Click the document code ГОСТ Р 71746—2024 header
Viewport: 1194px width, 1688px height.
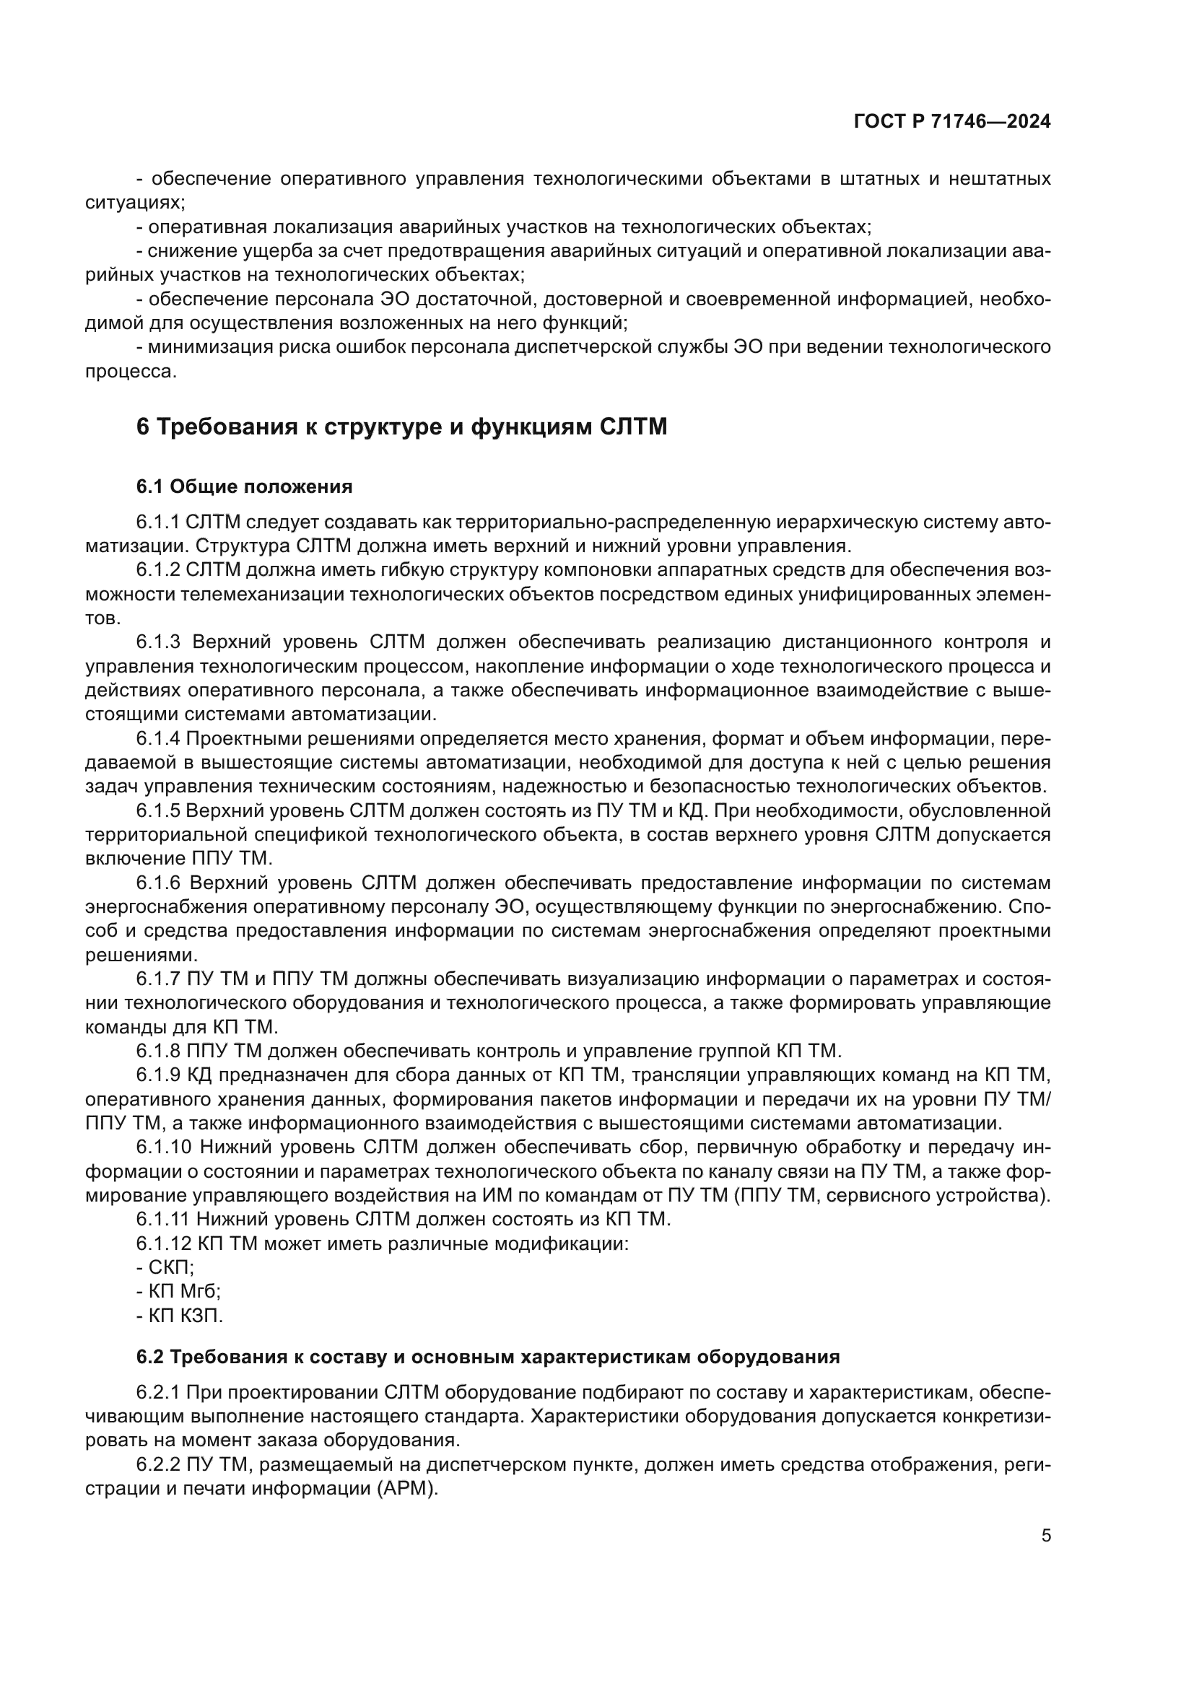click(x=951, y=122)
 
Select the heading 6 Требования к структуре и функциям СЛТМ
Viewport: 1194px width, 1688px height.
click(x=401, y=427)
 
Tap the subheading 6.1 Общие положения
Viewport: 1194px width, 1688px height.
click(x=244, y=486)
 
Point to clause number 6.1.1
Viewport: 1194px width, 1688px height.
click(x=158, y=522)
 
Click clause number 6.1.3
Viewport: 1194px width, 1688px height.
click(x=158, y=642)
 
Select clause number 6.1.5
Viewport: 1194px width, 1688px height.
click(x=158, y=811)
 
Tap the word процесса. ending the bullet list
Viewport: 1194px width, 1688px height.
click(x=131, y=371)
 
